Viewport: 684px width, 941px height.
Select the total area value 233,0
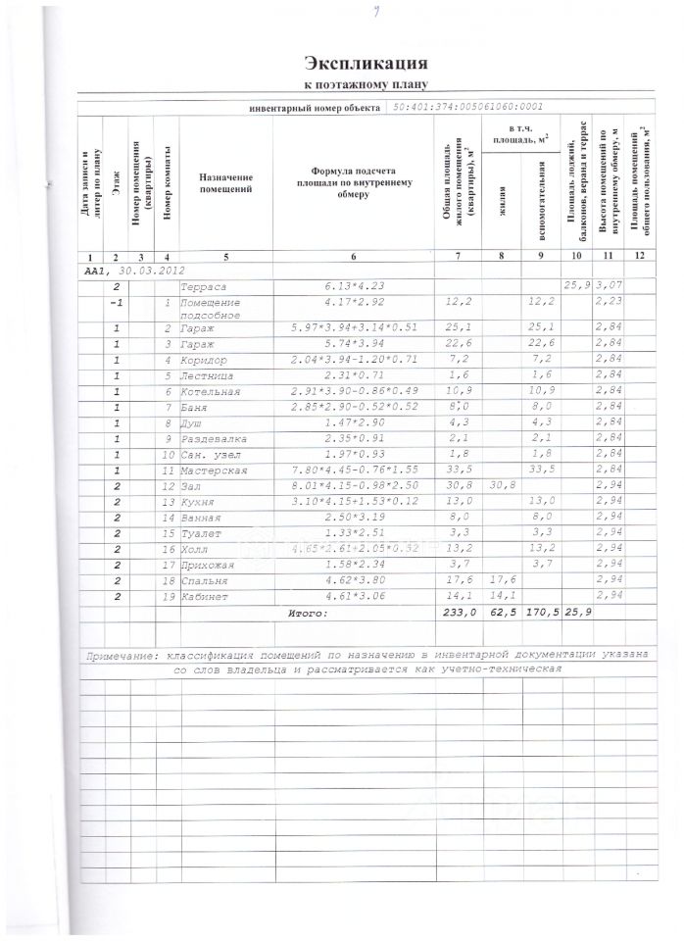coord(459,613)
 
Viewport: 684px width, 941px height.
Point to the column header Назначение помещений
coord(224,182)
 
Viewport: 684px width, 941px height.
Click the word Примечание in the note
coord(122,652)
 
